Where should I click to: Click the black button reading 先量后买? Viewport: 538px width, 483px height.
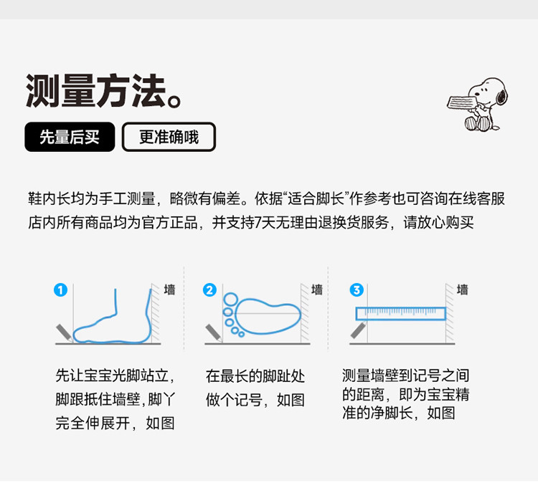(70, 137)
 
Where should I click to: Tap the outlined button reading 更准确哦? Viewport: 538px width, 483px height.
(169, 137)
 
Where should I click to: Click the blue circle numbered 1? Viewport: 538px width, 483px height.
(60, 290)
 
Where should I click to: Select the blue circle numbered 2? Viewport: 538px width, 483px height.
(209, 290)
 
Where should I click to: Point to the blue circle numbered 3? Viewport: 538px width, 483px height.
(357, 290)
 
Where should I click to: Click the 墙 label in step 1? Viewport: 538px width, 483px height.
(169, 290)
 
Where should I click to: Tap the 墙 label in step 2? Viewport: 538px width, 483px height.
(316, 290)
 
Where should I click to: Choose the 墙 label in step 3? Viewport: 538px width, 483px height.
(462, 290)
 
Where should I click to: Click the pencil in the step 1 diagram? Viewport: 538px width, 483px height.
(65, 333)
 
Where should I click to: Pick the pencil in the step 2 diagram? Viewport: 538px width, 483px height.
(214, 333)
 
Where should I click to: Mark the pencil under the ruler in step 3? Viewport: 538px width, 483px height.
(359, 330)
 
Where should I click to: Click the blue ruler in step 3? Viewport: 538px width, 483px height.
(401, 314)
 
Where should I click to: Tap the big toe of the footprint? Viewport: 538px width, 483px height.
(231, 300)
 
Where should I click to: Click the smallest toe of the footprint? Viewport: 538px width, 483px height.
(241, 334)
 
